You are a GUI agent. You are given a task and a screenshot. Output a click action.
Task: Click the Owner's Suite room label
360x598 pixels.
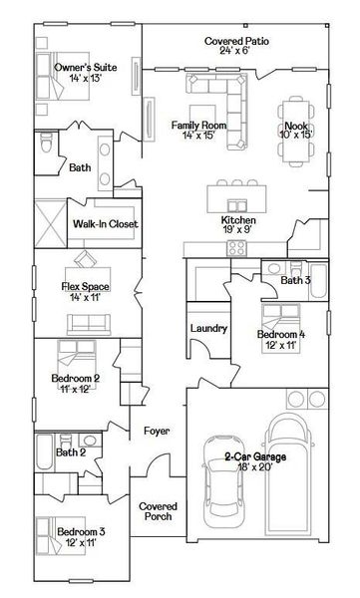tap(86, 68)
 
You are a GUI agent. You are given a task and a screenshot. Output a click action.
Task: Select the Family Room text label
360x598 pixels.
tap(198, 125)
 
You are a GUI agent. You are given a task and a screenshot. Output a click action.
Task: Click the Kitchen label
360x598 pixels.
tap(239, 220)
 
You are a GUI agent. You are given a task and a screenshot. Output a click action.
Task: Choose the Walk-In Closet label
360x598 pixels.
tap(105, 224)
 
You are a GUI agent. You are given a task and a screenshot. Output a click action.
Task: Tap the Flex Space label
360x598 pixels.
tap(84, 287)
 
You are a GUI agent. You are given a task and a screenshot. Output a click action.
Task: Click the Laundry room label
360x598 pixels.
tap(208, 329)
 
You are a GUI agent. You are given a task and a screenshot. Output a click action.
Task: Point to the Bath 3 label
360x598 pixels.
tap(295, 281)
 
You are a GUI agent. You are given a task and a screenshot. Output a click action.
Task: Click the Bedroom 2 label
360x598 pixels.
tap(76, 379)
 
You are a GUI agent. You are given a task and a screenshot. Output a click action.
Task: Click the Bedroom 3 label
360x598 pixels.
tap(80, 531)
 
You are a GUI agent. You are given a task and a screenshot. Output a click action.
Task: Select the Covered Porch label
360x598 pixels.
tap(158, 511)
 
